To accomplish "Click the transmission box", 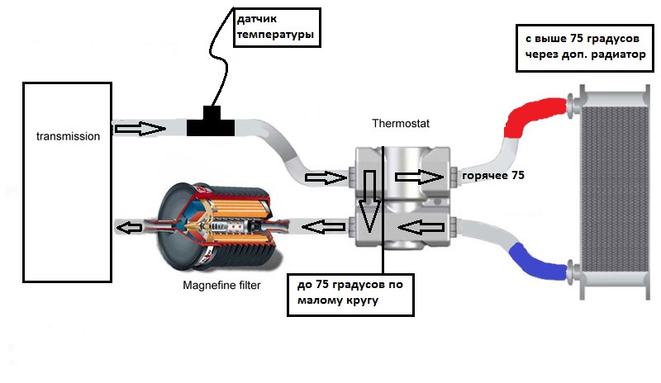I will [x=66, y=182].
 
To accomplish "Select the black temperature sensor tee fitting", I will [x=210, y=125].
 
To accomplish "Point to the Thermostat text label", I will [x=401, y=124].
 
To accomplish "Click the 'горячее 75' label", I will [x=493, y=176].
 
